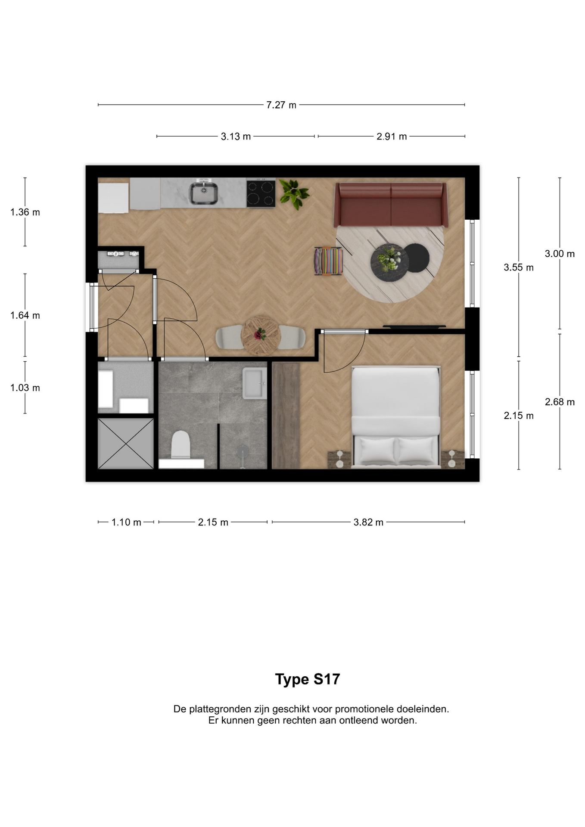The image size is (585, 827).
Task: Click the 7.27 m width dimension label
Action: coord(281,105)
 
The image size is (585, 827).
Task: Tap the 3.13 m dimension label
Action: coord(236,137)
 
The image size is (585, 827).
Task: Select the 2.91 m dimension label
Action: coord(392,137)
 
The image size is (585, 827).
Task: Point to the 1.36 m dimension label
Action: coord(25,212)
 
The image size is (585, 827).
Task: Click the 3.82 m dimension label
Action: coord(368,522)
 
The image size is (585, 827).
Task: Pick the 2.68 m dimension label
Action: coord(560,402)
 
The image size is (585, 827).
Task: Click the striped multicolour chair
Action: coord(329,261)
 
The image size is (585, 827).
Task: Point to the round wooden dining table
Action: coord(261,336)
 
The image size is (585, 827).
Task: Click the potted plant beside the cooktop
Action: coord(294,194)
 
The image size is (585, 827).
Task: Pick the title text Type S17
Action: coord(308,679)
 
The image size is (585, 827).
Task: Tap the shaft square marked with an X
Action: coord(126,443)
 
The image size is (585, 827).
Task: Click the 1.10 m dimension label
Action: coord(126,522)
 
